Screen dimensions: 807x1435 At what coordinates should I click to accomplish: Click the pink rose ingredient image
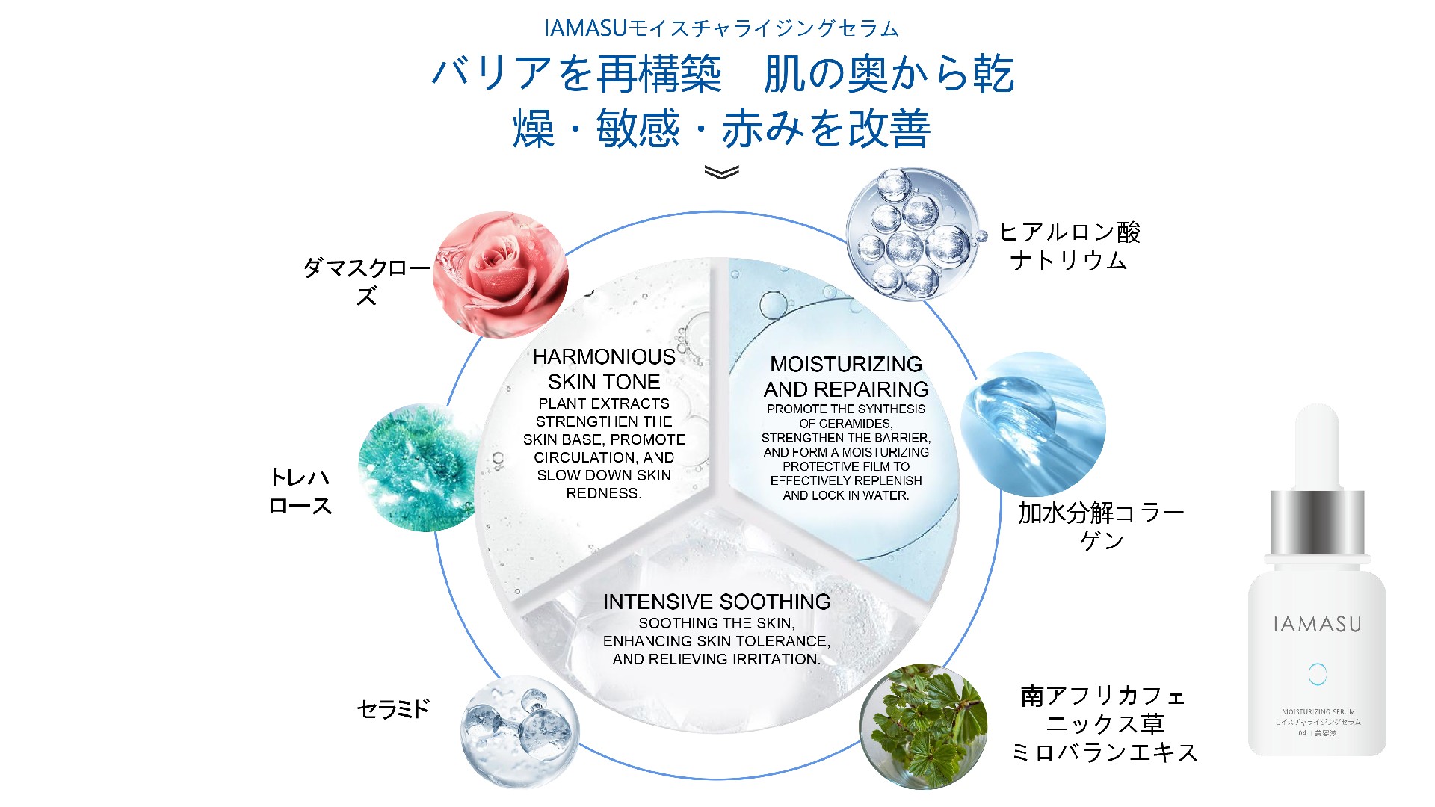(500, 274)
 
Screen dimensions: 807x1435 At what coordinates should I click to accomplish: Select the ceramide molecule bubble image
(519, 732)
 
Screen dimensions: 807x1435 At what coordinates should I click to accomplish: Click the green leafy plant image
(924, 726)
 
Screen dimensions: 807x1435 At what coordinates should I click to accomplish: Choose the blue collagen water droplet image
(1032, 424)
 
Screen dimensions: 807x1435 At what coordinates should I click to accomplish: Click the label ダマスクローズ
(366, 281)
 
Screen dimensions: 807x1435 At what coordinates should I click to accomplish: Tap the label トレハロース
(300, 491)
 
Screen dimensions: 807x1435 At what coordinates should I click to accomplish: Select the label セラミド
(394, 708)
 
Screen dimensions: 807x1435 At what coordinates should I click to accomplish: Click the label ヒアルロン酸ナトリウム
(1069, 246)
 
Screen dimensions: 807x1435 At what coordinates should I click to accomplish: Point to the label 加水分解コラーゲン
(1101, 525)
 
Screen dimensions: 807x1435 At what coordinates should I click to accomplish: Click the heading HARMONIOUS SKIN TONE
(604, 369)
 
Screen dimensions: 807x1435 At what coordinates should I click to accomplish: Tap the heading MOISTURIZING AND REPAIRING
(846, 377)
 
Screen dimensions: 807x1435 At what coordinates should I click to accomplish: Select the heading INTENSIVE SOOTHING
(717, 602)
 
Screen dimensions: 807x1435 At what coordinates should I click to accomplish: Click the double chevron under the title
(721, 173)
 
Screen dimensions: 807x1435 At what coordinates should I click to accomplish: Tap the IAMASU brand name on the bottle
(1317, 625)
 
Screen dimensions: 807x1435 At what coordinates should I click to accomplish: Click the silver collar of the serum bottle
(1317, 522)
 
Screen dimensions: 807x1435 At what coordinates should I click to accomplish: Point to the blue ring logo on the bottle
(1317, 674)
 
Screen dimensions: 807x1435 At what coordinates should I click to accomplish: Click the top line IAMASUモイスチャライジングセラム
(721, 28)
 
